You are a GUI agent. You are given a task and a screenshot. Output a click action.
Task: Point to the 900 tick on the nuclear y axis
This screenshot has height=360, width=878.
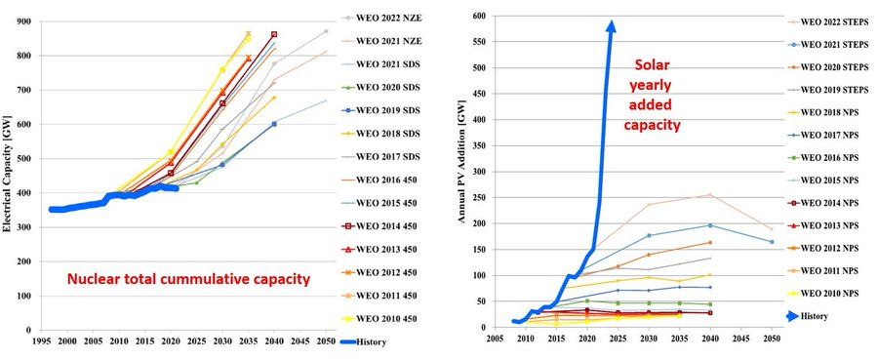[24, 21]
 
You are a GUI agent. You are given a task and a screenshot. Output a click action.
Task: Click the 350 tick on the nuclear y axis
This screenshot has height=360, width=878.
[24, 210]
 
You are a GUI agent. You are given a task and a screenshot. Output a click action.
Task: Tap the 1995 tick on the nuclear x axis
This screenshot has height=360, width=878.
[41, 342]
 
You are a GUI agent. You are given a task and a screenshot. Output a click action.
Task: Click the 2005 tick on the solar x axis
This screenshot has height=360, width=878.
[495, 340]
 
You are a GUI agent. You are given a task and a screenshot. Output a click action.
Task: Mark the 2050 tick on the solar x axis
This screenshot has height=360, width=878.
[772, 340]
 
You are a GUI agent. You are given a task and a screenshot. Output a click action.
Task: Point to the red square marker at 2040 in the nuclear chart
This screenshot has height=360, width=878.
[274, 34]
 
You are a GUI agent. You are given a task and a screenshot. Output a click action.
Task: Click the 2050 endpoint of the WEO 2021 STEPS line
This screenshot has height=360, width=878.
[772, 242]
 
